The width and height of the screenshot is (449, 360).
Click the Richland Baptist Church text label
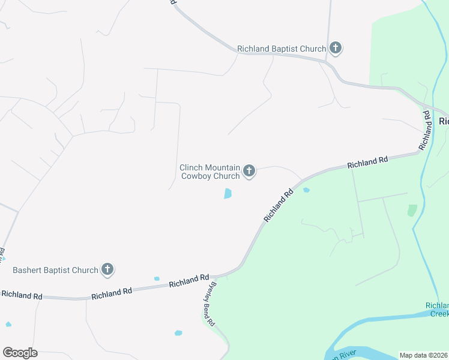click(x=282, y=49)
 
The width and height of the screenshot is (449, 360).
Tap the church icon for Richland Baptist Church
click(x=336, y=49)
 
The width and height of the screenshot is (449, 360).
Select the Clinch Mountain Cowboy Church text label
click(x=210, y=172)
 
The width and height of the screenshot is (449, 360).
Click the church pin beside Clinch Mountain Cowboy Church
click(x=249, y=172)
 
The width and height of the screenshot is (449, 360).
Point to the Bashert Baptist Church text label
click(x=55, y=270)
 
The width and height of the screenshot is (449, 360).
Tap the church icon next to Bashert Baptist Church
click(x=107, y=269)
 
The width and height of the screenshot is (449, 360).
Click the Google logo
click(x=20, y=353)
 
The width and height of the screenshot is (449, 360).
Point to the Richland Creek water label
click(x=437, y=309)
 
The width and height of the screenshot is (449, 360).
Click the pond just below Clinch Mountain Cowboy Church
click(x=228, y=194)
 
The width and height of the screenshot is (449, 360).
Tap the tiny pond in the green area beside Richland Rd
click(x=307, y=190)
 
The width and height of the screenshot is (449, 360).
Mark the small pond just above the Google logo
click(x=8, y=325)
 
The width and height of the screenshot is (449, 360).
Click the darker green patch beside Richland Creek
click(x=412, y=210)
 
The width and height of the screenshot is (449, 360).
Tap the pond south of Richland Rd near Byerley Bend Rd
click(x=178, y=332)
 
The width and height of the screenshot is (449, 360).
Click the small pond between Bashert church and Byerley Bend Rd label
click(x=157, y=278)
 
